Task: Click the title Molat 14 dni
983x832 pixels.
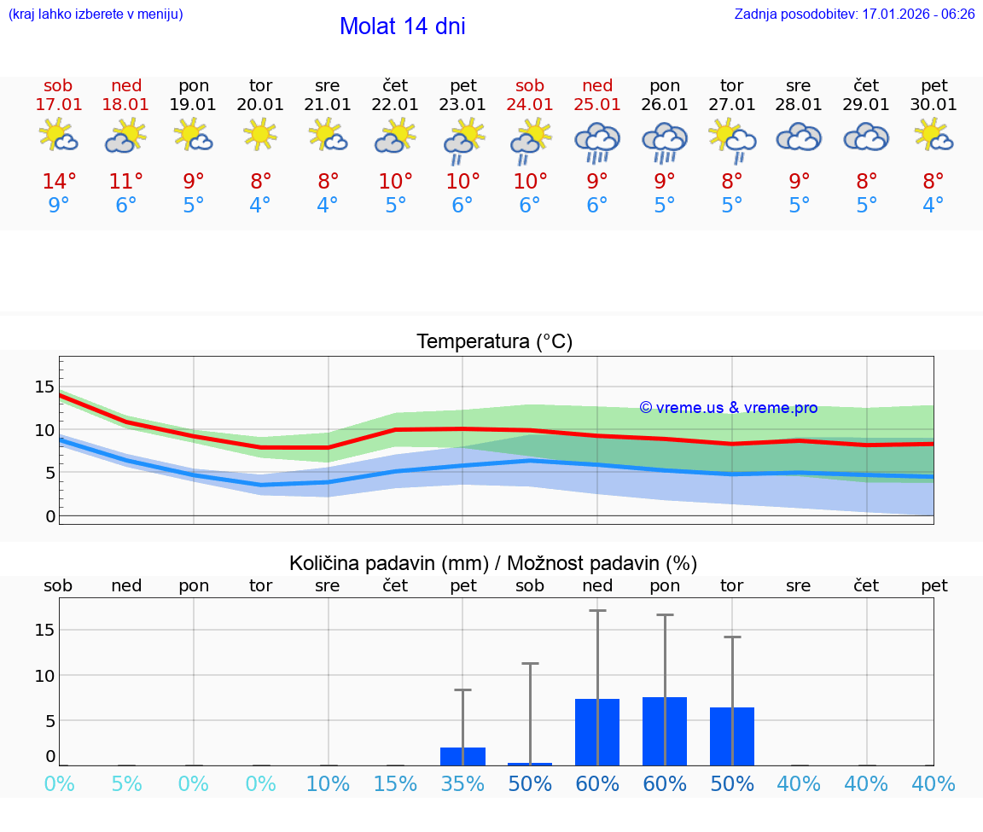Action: point(402,26)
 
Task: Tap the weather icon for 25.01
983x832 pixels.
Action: point(597,141)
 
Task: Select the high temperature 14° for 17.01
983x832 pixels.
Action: point(59,182)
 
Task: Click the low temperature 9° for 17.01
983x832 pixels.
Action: point(59,206)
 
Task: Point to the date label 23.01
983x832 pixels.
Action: point(462,105)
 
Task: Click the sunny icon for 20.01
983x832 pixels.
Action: point(260,135)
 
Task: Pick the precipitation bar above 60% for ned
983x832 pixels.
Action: point(597,731)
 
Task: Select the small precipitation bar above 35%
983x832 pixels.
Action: point(462,756)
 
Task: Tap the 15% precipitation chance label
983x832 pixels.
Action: point(395,784)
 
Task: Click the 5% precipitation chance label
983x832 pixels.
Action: point(126,784)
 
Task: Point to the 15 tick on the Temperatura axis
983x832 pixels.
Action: point(44,387)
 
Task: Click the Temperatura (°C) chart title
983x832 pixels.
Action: point(494,342)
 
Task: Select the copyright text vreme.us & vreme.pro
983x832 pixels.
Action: point(728,408)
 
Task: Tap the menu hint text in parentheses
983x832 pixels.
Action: point(96,15)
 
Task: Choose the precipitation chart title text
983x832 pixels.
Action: point(493,563)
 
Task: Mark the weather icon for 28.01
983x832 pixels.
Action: point(799,137)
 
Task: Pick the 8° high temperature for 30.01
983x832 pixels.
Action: point(934,182)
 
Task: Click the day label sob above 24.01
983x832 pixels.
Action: point(530,86)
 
